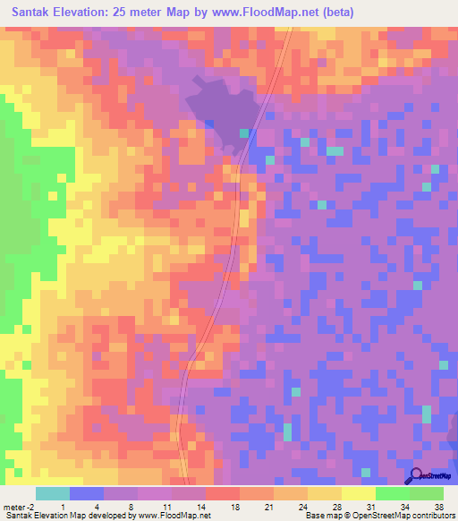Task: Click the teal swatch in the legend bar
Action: (x=52, y=493)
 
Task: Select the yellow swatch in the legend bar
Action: (x=358, y=493)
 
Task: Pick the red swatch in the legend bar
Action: (x=222, y=493)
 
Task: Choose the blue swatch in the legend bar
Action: (x=86, y=493)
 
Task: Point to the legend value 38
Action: (x=438, y=507)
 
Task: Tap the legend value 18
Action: (x=234, y=507)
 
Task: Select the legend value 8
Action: (x=131, y=507)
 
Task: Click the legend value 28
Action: (x=335, y=507)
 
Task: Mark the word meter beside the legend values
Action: (x=13, y=507)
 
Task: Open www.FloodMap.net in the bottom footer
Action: (x=176, y=516)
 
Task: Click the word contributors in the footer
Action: (x=432, y=516)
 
